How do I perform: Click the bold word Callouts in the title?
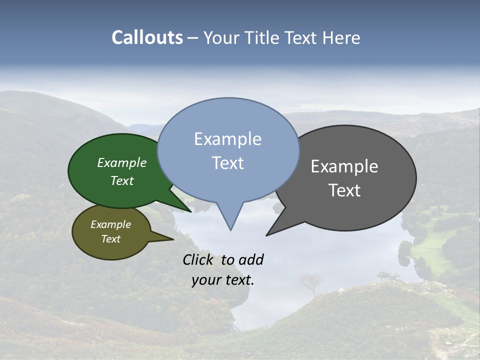(147, 37)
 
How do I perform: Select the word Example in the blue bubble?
(227, 139)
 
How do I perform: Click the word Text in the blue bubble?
(227, 163)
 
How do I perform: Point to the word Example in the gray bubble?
(344, 166)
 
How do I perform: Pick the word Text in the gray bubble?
(344, 190)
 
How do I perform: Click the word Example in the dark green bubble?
(122, 163)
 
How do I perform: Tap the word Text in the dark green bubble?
(122, 180)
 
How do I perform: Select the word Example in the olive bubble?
(110, 224)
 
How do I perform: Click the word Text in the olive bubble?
(110, 239)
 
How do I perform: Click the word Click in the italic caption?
(198, 259)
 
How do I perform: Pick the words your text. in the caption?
(223, 280)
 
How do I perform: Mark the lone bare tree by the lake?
(310, 282)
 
